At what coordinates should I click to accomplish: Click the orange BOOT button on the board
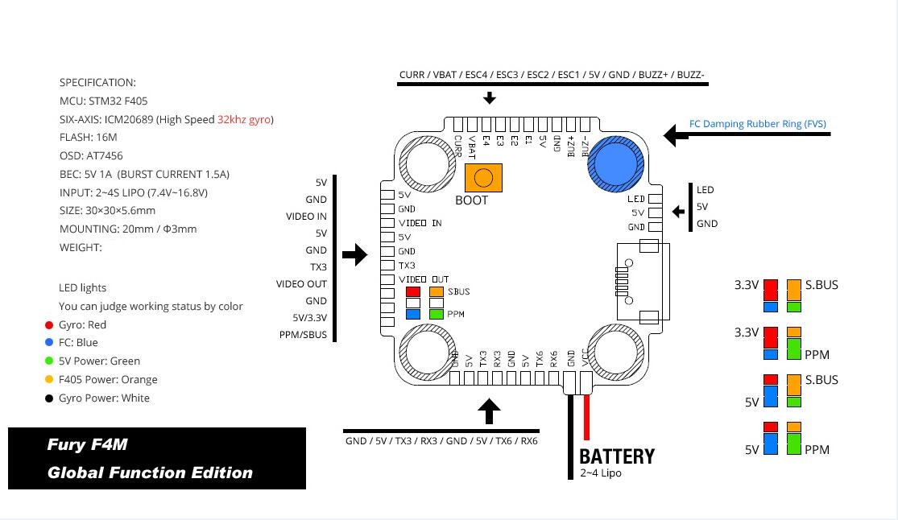click(483, 177)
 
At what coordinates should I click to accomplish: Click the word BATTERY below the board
click(617, 456)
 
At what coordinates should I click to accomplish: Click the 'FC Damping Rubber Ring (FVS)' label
click(758, 124)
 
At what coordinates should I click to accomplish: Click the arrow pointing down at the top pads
click(489, 98)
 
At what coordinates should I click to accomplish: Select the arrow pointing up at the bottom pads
click(489, 411)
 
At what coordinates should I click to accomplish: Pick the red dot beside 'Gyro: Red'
click(50, 325)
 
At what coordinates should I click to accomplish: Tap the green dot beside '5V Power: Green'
click(50, 361)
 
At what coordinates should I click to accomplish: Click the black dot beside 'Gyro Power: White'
click(50, 398)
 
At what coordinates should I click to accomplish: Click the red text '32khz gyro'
click(245, 119)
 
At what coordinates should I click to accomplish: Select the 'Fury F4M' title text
click(87, 444)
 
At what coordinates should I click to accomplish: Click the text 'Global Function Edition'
click(150, 473)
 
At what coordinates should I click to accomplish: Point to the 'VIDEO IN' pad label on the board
click(420, 223)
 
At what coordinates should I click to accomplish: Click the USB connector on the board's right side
click(635, 280)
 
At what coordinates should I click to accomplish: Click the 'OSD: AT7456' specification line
click(91, 155)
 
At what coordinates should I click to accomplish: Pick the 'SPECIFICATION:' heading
click(97, 82)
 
